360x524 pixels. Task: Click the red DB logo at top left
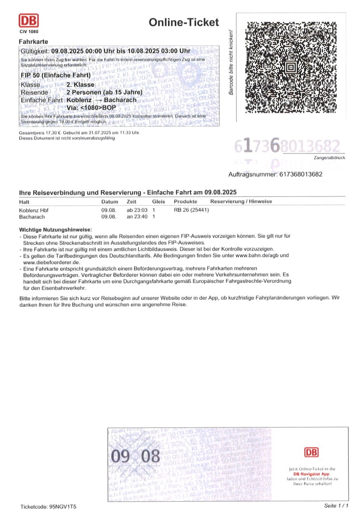click(x=28, y=21)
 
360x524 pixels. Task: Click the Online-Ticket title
click(x=184, y=22)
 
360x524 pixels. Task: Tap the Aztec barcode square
click(x=291, y=67)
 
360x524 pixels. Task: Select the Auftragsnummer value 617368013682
click(x=301, y=174)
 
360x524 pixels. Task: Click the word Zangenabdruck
click(x=329, y=158)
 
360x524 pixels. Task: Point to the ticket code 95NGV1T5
click(x=63, y=506)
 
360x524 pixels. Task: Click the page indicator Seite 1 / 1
click(x=336, y=505)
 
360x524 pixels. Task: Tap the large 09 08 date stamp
click(x=135, y=456)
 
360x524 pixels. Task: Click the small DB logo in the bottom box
click(x=311, y=452)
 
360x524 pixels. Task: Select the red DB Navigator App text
click(x=311, y=474)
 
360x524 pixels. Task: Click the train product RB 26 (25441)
click(x=191, y=210)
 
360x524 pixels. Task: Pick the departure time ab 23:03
click(x=137, y=210)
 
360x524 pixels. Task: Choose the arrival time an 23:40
click(x=137, y=217)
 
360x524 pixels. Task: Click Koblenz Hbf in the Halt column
click(x=34, y=210)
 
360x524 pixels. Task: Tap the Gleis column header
click(x=158, y=202)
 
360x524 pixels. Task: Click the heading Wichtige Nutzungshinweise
click(x=55, y=230)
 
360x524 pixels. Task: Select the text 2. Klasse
click(x=80, y=85)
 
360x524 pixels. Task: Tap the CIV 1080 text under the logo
click(x=29, y=32)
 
